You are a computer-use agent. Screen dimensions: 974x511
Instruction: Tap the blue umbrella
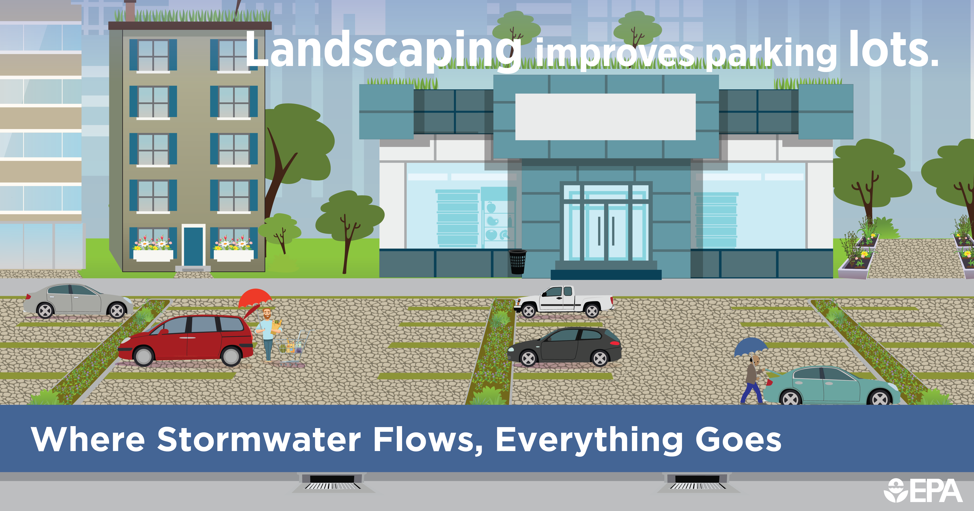tap(751, 346)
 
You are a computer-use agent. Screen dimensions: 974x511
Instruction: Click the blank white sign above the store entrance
tap(605, 117)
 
